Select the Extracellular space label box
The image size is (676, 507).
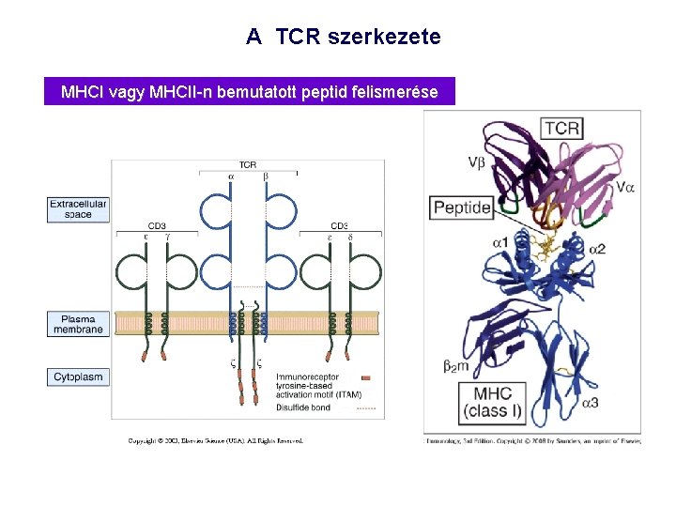pyautogui.click(x=79, y=208)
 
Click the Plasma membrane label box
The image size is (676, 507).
pyautogui.click(x=79, y=323)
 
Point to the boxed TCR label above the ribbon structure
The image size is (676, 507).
pyautogui.click(x=562, y=128)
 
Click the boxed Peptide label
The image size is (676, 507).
pyautogui.click(x=463, y=207)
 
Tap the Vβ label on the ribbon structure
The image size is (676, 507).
pyautogui.click(x=477, y=161)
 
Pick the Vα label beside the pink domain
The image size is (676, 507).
pyautogui.click(x=624, y=187)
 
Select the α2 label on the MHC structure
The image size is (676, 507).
pyautogui.click(x=597, y=249)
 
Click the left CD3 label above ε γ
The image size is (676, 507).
pyautogui.click(x=157, y=225)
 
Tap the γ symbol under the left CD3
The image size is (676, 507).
pyautogui.click(x=169, y=238)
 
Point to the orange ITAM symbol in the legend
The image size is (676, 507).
pyautogui.click(x=366, y=377)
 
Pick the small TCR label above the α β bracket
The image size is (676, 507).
pyautogui.click(x=248, y=165)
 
